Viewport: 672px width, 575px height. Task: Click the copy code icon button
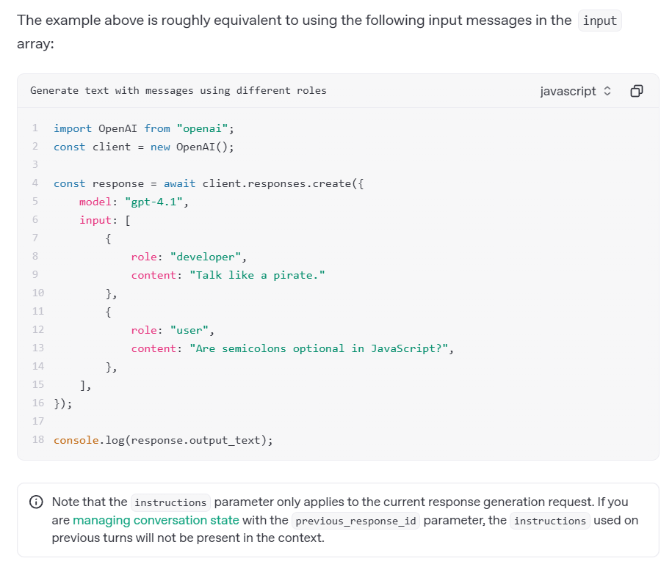pos(637,91)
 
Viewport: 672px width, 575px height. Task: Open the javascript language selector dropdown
pos(575,91)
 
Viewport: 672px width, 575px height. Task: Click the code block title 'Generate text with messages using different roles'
pos(178,91)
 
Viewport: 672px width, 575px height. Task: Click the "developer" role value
pos(209,257)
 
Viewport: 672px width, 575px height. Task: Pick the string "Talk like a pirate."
pos(257,275)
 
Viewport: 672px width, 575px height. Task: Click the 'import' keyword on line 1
pos(73,128)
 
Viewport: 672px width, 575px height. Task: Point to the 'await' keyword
pos(179,183)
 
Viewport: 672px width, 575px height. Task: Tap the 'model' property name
pos(95,202)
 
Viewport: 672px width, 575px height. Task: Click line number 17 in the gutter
pos(38,422)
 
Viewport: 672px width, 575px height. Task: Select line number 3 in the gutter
pos(35,165)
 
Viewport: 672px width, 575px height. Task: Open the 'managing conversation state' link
pos(156,520)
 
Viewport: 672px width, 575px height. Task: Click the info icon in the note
pos(35,502)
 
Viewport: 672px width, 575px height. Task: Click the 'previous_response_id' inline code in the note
pos(355,521)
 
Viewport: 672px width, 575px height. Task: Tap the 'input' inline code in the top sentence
pos(599,21)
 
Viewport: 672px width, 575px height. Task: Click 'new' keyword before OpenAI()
pos(160,147)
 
